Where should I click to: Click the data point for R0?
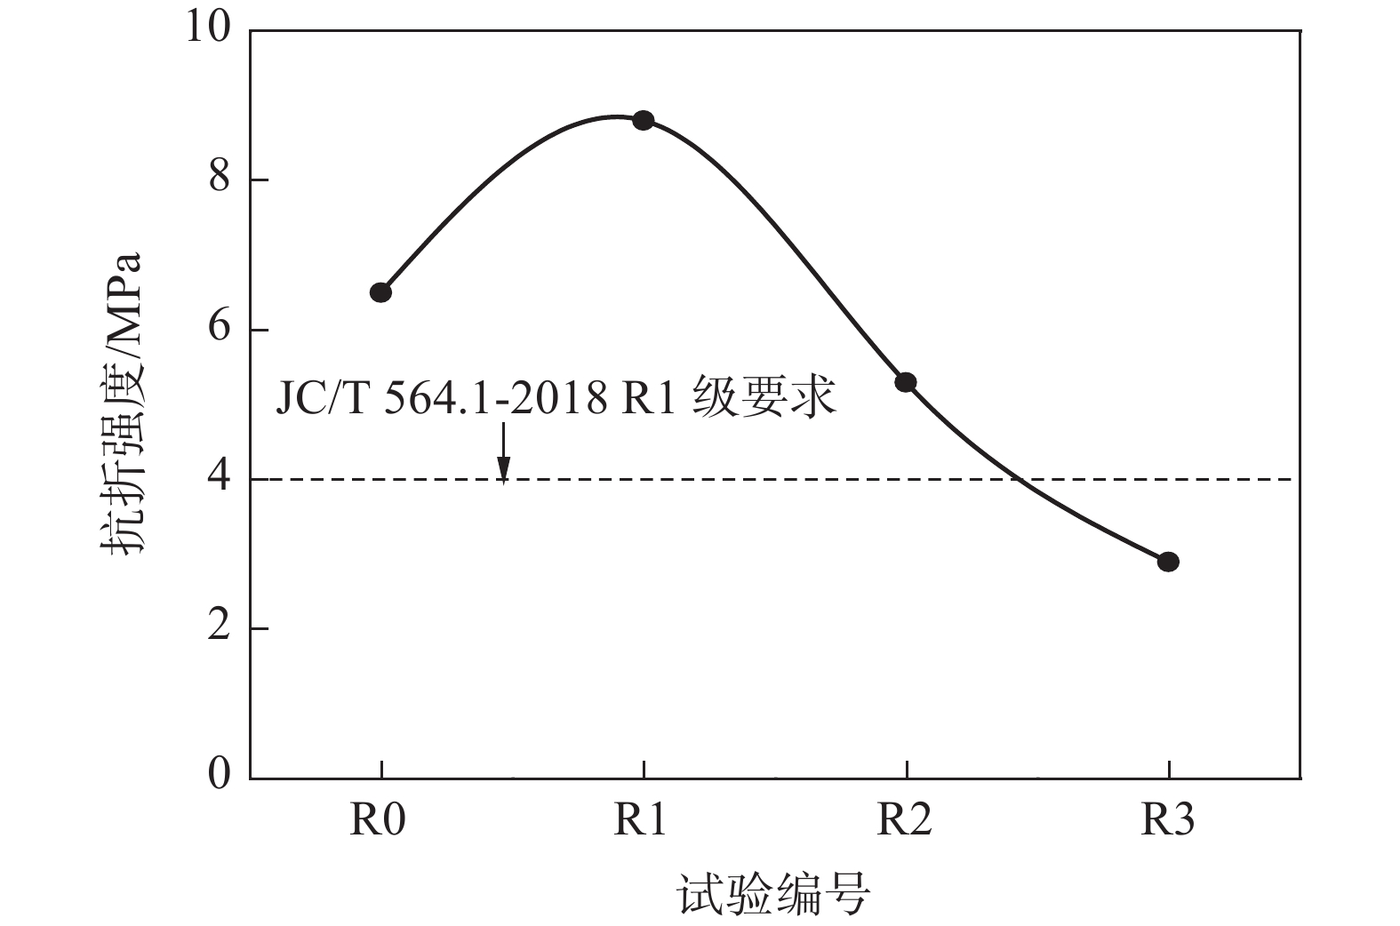point(380,292)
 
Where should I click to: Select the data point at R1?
point(644,120)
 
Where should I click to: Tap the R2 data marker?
point(906,382)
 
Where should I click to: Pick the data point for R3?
point(1168,562)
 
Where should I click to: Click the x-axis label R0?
point(377,819)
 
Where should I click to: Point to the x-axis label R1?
point(640,819)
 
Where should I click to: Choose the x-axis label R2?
point(904,819)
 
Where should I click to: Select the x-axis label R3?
point(1167,819)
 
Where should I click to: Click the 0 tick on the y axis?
point(219,775)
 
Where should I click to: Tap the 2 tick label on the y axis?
point(219,627)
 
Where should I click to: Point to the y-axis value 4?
point(219,478)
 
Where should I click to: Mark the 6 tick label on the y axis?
point(219,328)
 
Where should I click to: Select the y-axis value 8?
point(219,179)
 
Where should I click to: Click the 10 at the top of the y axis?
point(207,28)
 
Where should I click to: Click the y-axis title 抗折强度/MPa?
point(121,404)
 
